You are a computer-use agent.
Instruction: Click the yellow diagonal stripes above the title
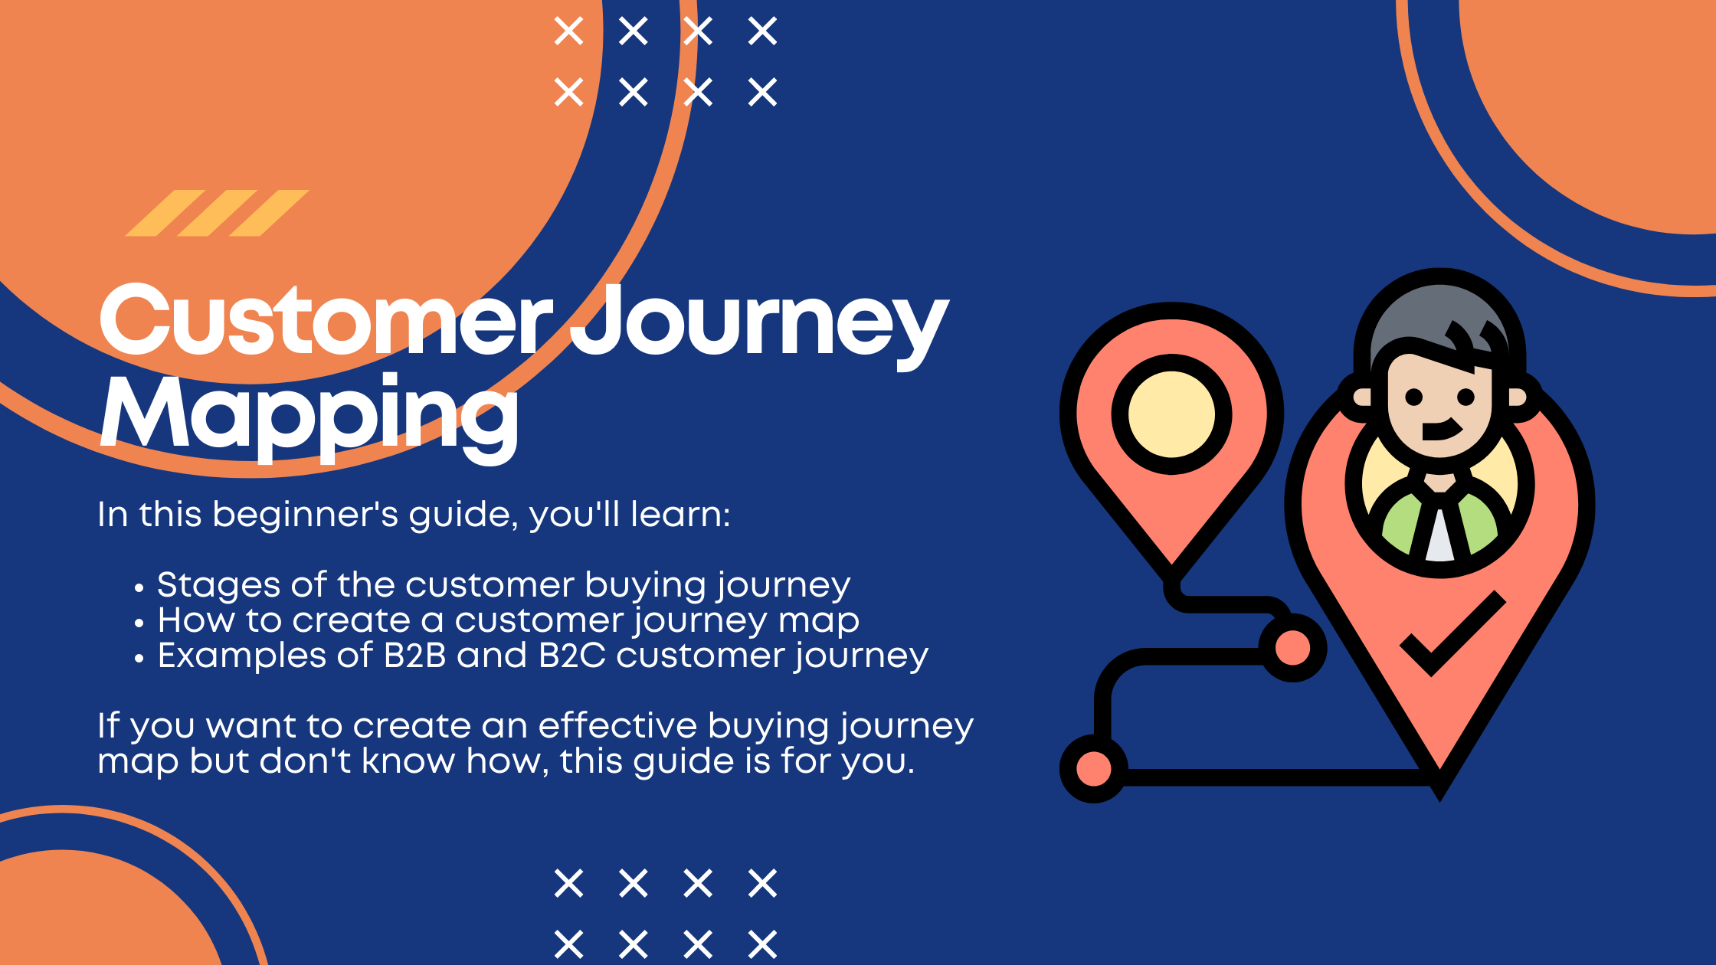[x=217, y=213]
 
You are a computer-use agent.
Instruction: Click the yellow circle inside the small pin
[x=1171, y=414]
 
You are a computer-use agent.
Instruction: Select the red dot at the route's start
[x=1093, y=769]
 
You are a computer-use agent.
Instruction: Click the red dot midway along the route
[x=1293, y=648]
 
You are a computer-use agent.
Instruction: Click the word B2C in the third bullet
[x=571, y=656]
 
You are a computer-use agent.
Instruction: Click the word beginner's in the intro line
[x=306, y=515]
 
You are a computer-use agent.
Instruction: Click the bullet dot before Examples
[x=139, y=659]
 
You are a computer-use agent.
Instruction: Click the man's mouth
[x=1440, y=430]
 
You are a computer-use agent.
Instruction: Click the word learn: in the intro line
[x=680, y=515]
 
